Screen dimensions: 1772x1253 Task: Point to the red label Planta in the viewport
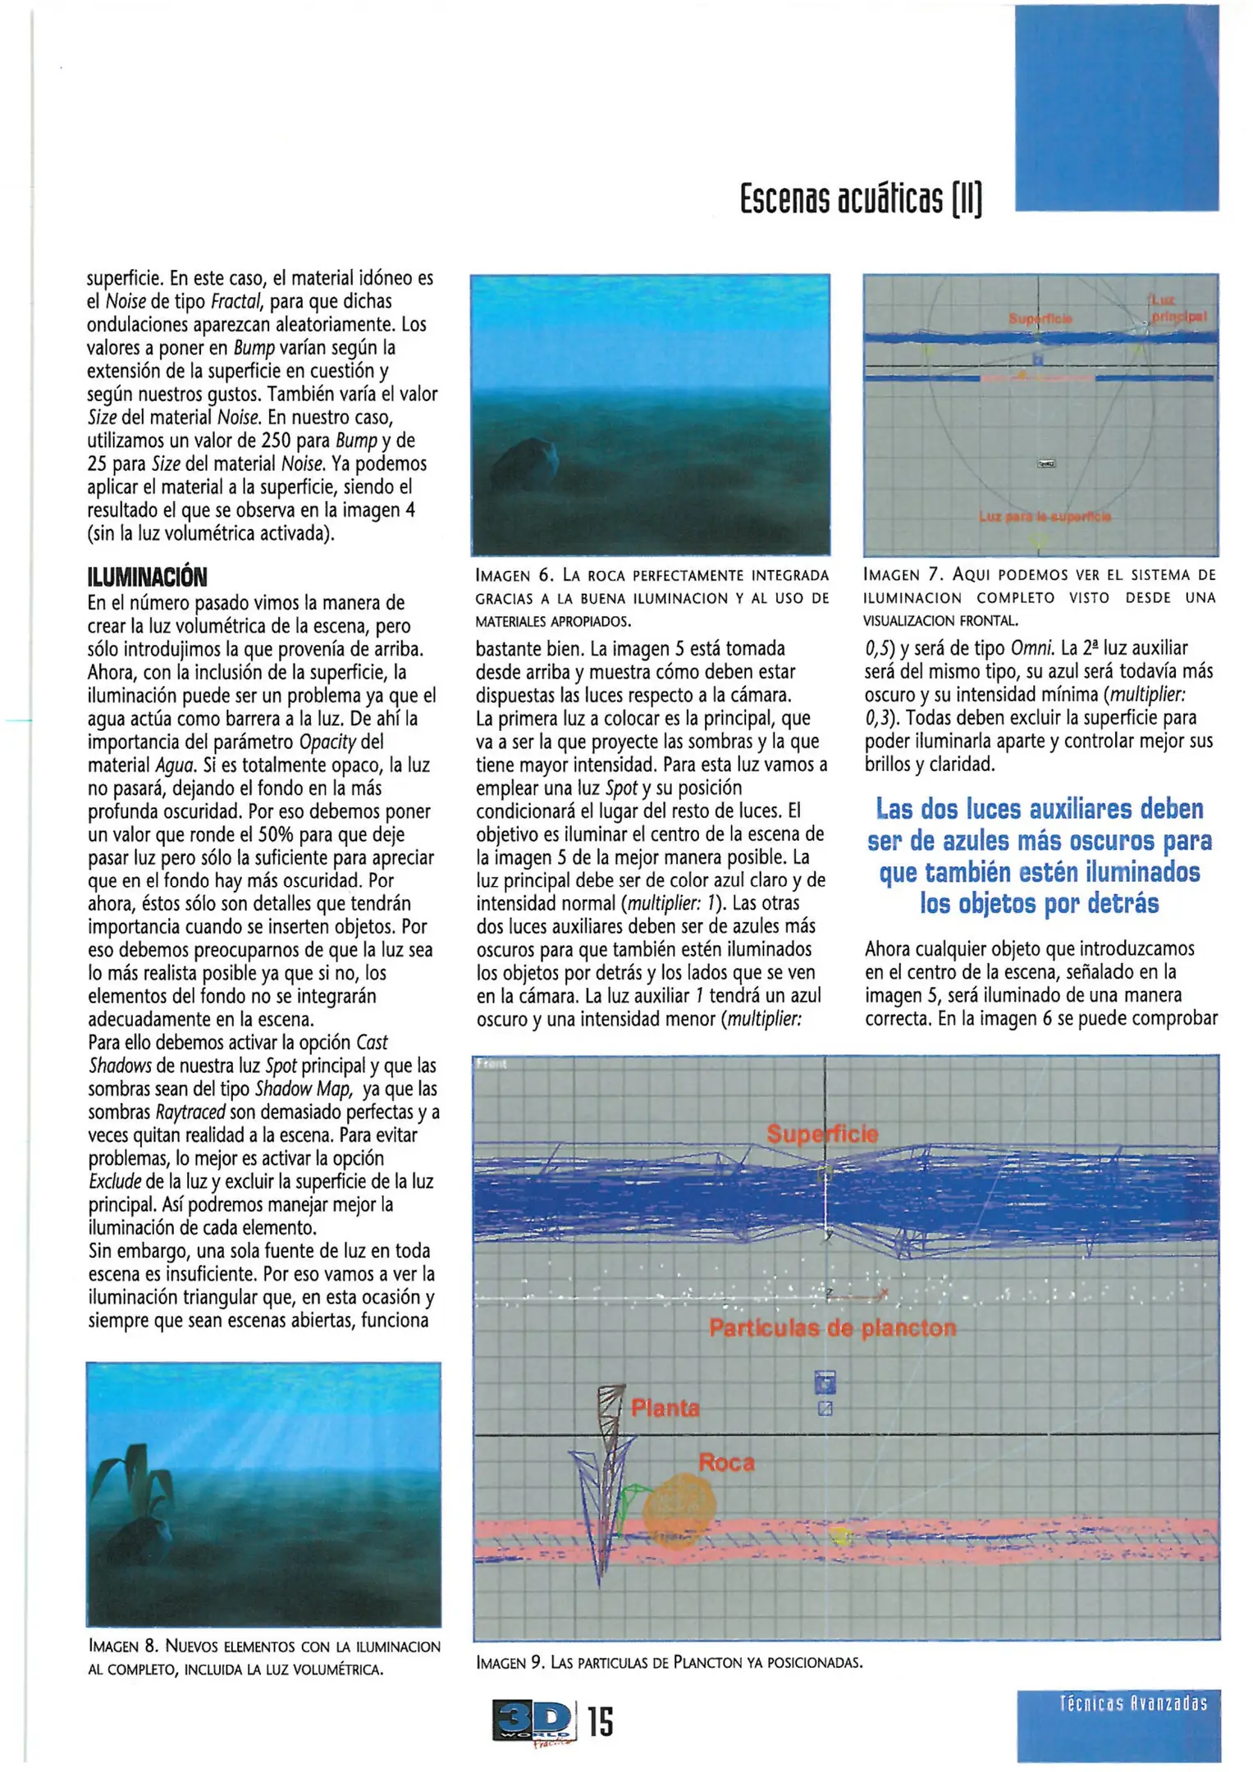665,1409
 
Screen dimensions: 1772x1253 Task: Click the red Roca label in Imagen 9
725,1463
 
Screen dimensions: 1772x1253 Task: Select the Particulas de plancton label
832,1328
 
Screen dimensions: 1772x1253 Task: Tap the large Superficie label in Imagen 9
821,1135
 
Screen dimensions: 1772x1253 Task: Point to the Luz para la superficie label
1045,517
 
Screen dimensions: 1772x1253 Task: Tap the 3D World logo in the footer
533,1719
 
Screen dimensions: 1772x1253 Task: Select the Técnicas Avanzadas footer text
1132,1703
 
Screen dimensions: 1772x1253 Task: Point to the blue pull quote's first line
1039,809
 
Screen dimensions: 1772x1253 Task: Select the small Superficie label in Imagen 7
1040,317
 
